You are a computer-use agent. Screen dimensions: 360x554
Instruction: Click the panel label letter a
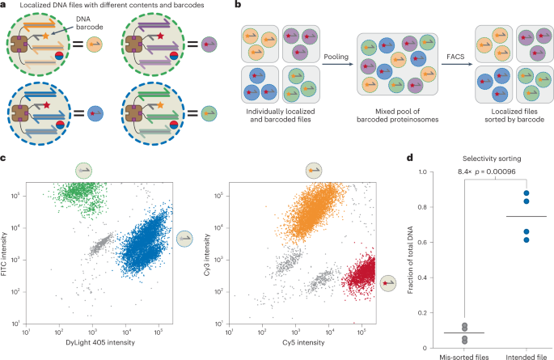[5, 5]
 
